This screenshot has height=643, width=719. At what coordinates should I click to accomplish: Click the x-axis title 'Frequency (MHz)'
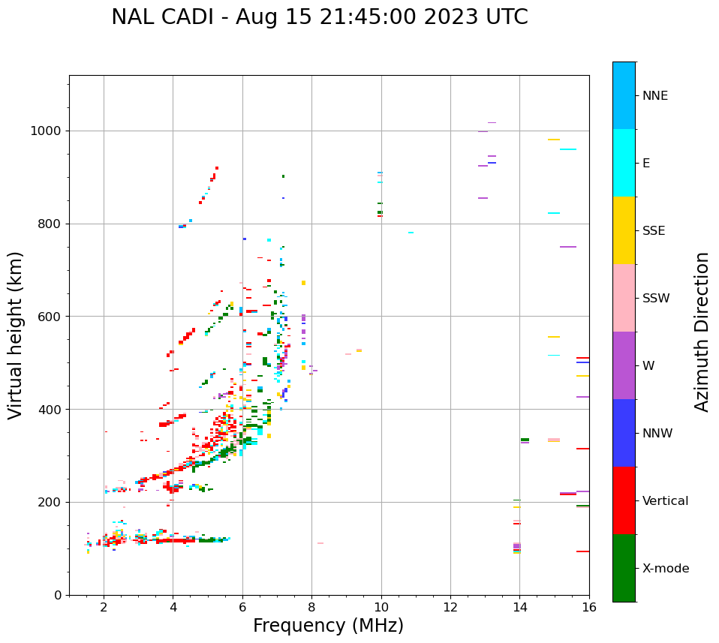pos(328,626)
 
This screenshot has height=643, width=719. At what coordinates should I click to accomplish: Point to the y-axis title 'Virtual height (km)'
pos(17,335)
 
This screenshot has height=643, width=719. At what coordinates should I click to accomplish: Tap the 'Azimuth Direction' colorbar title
pos(702,332)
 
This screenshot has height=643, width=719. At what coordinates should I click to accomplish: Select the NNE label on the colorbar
pos(654,96)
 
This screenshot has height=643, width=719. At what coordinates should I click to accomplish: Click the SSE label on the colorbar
pos(653,231)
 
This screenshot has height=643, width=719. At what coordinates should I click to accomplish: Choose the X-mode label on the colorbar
pos(666,569)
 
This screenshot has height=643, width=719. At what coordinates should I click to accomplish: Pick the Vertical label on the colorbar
pos(665,501)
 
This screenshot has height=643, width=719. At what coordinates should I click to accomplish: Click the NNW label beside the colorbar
pos(657,434)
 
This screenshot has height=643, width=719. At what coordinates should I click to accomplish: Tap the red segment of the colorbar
pos(624,500)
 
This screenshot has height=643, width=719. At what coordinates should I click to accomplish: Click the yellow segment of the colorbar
pos(624,230)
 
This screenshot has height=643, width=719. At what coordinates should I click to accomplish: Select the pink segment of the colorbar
pos(624,298)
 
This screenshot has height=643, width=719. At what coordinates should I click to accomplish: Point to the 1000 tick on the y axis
pos(49,131)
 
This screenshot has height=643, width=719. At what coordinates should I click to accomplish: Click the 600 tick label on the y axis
pos(52,317)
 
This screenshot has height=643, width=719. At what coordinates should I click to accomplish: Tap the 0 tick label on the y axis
pos(57,595)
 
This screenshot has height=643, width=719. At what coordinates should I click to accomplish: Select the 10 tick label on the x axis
pos(381,608)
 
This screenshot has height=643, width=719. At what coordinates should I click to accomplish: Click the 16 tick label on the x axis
pos(589,608)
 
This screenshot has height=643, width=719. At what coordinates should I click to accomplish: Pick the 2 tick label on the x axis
pos(104,608)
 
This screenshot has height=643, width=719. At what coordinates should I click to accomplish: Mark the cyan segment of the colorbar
pos(624,163)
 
